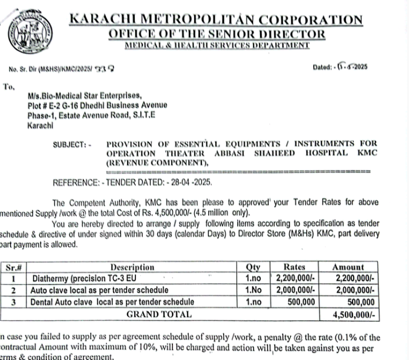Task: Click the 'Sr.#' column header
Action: [x=13, y=267]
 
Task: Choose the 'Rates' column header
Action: [x=295, y=267]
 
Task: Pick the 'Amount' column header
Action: [x=348, y=267]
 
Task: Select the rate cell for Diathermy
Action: [x=297, y=279]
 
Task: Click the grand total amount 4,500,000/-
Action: [x=353, y=315]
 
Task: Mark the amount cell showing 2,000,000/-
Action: [x=353, y=290]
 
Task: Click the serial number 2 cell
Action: [x=13, y=290]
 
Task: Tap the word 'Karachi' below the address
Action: [x=41, y=125]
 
